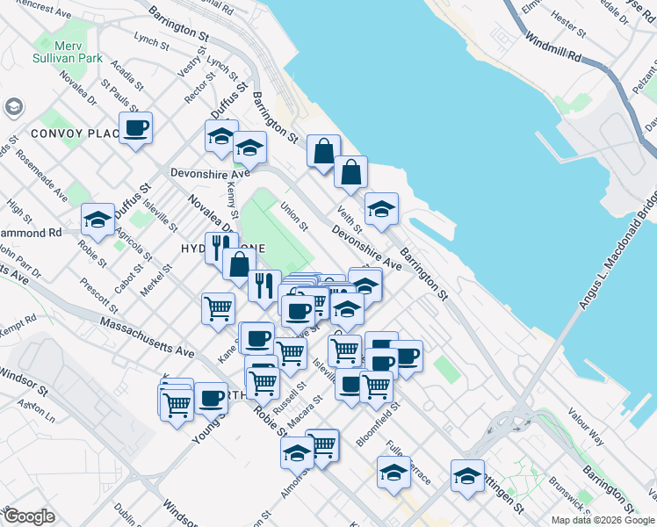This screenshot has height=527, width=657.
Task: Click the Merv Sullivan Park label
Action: pyautogui.click(x=69, y=51)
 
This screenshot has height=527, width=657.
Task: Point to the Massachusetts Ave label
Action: pyautogui.click(x=147, y=336)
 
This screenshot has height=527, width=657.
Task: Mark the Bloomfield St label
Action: pyautogui.click(x=379, y=424)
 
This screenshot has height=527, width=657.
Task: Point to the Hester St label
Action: pyautogui.click(x=567, y=24)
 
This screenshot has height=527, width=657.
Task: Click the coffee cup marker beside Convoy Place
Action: pyautogui.click(x=135, y=129)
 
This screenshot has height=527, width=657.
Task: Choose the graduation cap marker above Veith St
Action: pyautogui.click(x=381, y=209)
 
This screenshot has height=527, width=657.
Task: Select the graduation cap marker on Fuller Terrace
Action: pyautogui.click(x=393, y=473)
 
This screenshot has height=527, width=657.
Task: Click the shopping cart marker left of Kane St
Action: pyautogui.click(x=218, y=308)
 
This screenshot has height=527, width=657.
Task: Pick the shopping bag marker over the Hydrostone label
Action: pyautogui.click(x=239, y=263)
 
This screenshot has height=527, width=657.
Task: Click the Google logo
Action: pyautogui.click(x=29, y=516)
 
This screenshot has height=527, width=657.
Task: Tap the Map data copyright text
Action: pyautogui.click(x=602, y=520)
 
